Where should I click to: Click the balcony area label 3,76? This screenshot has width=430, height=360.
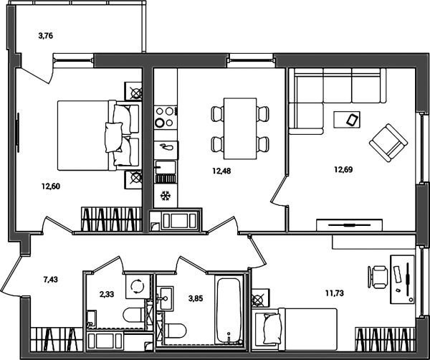[x=46, y=36]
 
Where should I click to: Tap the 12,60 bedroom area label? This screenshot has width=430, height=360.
[x=51, y=186]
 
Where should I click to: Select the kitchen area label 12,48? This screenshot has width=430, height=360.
[x=221, y=171]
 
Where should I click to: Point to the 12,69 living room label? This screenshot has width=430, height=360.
[x=343, y=169]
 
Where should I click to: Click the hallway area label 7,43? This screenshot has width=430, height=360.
[x=50, y=280]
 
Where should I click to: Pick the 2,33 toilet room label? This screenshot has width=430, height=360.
[x=106, y=295]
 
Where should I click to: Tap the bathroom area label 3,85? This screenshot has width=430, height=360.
[x=196, y=298]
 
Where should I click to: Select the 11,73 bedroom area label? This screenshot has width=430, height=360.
[x=335, y=293]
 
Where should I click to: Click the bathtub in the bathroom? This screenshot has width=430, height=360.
[x=229, y=311]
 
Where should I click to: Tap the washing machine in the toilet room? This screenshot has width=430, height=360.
[x=138, y=286]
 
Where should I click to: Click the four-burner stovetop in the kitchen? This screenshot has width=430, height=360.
[x=166, y=117]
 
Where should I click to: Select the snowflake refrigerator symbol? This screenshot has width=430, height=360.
[x=166, y=196]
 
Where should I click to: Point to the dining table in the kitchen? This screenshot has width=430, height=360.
[x=240, y=128]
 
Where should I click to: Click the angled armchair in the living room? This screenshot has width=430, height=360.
[x=388, y=143]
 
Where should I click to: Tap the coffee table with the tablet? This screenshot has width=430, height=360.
[x=347, y=119]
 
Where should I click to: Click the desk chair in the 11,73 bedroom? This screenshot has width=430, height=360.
[x=378, y=277]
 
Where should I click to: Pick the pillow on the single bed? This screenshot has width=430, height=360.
[x=272, y=328]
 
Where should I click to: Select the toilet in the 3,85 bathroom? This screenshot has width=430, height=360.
[x=176, y=331]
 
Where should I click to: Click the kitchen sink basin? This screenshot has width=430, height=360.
[x=166, y=167]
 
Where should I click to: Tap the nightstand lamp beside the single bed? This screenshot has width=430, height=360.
[x=259, y=298]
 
